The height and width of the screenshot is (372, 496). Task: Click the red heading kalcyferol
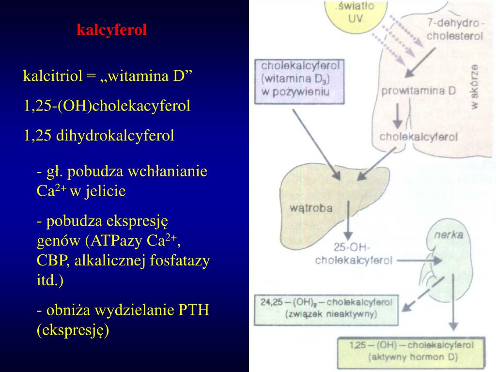pyautogui.click(x=111, y=30)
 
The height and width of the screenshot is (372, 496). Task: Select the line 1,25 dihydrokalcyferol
pyautogui.click(x=99, y=136)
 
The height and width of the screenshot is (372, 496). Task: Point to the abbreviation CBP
pyautogui.click(x=54, y=262)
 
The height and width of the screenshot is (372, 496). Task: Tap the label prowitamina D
pyautogui.click(x=418, y=91)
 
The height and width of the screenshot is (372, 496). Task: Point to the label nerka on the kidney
pyautogui.click(x=448, y=234)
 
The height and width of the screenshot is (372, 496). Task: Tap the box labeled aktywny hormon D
pyautogui.click(x=412, y=352)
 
